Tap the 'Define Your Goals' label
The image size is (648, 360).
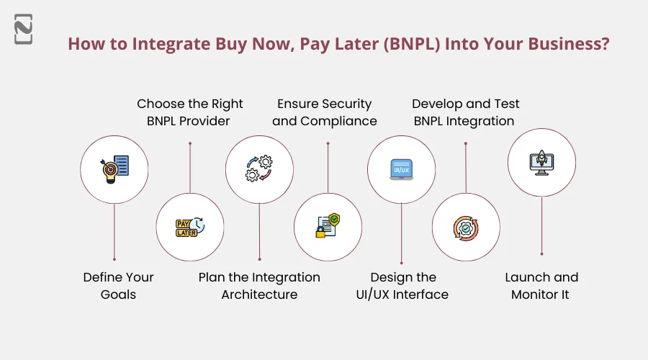(x=118, y=286)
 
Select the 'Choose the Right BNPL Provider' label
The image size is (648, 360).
(x=189, y=112)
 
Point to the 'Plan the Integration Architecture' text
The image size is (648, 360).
(x=259, y=286)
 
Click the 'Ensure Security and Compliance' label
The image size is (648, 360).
(x=325, y=112)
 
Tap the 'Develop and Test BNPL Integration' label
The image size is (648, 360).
(x=465, y=112)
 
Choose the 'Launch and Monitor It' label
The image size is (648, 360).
(x=541, y=286)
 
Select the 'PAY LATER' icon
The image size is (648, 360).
(x=190, y=228)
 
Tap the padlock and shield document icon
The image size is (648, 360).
(x=328, y=228)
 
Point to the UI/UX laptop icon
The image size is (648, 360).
(x=401, y=169)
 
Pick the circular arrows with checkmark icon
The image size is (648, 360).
(x=466, y=228)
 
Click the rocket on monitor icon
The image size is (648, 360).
(x=541, y=162)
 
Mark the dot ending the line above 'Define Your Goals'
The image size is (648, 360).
(x=114, y=259)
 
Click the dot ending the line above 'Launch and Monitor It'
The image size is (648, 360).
(x=541, y=253)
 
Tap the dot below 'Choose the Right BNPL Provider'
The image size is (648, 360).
(x=190, y=143)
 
